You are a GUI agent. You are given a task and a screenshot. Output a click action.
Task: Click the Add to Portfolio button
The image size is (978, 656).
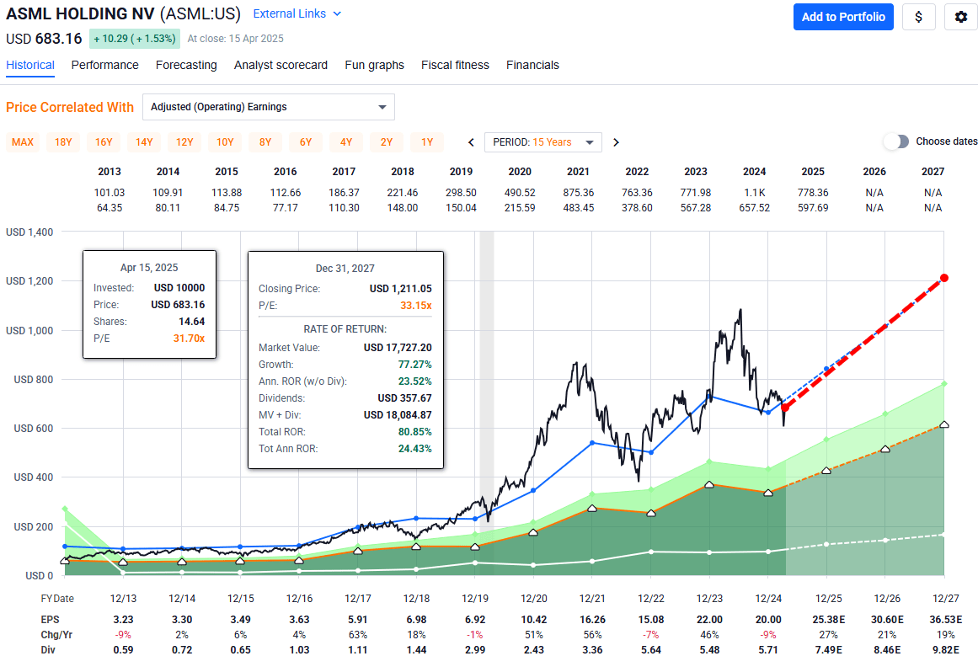tap(843, 17)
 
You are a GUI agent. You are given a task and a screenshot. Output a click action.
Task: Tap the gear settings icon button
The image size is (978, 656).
tap(960, 17)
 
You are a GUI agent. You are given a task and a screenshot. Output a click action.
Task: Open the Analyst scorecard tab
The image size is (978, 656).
tap(281, 65)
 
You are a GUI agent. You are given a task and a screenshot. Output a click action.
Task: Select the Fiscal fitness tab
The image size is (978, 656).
tap(455, 65)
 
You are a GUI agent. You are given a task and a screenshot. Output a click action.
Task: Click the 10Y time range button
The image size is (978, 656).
tap(225, 141)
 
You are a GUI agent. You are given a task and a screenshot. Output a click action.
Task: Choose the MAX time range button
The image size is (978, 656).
tap(23, 141)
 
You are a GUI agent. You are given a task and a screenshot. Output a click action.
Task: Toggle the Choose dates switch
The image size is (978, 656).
tap(896, 141)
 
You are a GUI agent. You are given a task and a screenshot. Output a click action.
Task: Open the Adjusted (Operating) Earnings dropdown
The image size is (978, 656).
tap(268, 107)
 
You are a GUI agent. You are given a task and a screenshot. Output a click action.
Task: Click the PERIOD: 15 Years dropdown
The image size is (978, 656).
tap(543, 141)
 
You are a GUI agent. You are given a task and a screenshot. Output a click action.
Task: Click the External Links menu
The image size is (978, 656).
tap(297, 13)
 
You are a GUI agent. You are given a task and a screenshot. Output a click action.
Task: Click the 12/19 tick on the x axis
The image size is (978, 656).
tap(475, 599)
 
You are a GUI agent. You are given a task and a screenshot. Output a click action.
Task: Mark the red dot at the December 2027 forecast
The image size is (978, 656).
tap(944, 278)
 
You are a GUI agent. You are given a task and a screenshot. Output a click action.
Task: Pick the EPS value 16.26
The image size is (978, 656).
tap(592, 619)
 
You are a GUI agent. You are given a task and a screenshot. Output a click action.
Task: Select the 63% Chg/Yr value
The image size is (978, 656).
tap(358, 633)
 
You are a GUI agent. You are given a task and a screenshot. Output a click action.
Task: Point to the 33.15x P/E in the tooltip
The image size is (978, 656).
tap(415, 305)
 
